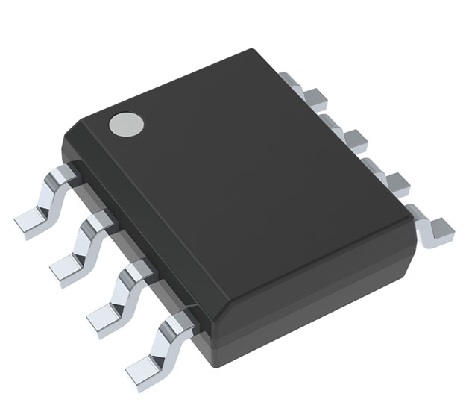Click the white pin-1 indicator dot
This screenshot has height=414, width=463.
coord(125,125)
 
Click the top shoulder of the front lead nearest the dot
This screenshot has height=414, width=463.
coord(63,175)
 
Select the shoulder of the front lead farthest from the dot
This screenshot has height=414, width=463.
coord(179,323)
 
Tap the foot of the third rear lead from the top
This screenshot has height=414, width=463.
coord(397,181)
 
